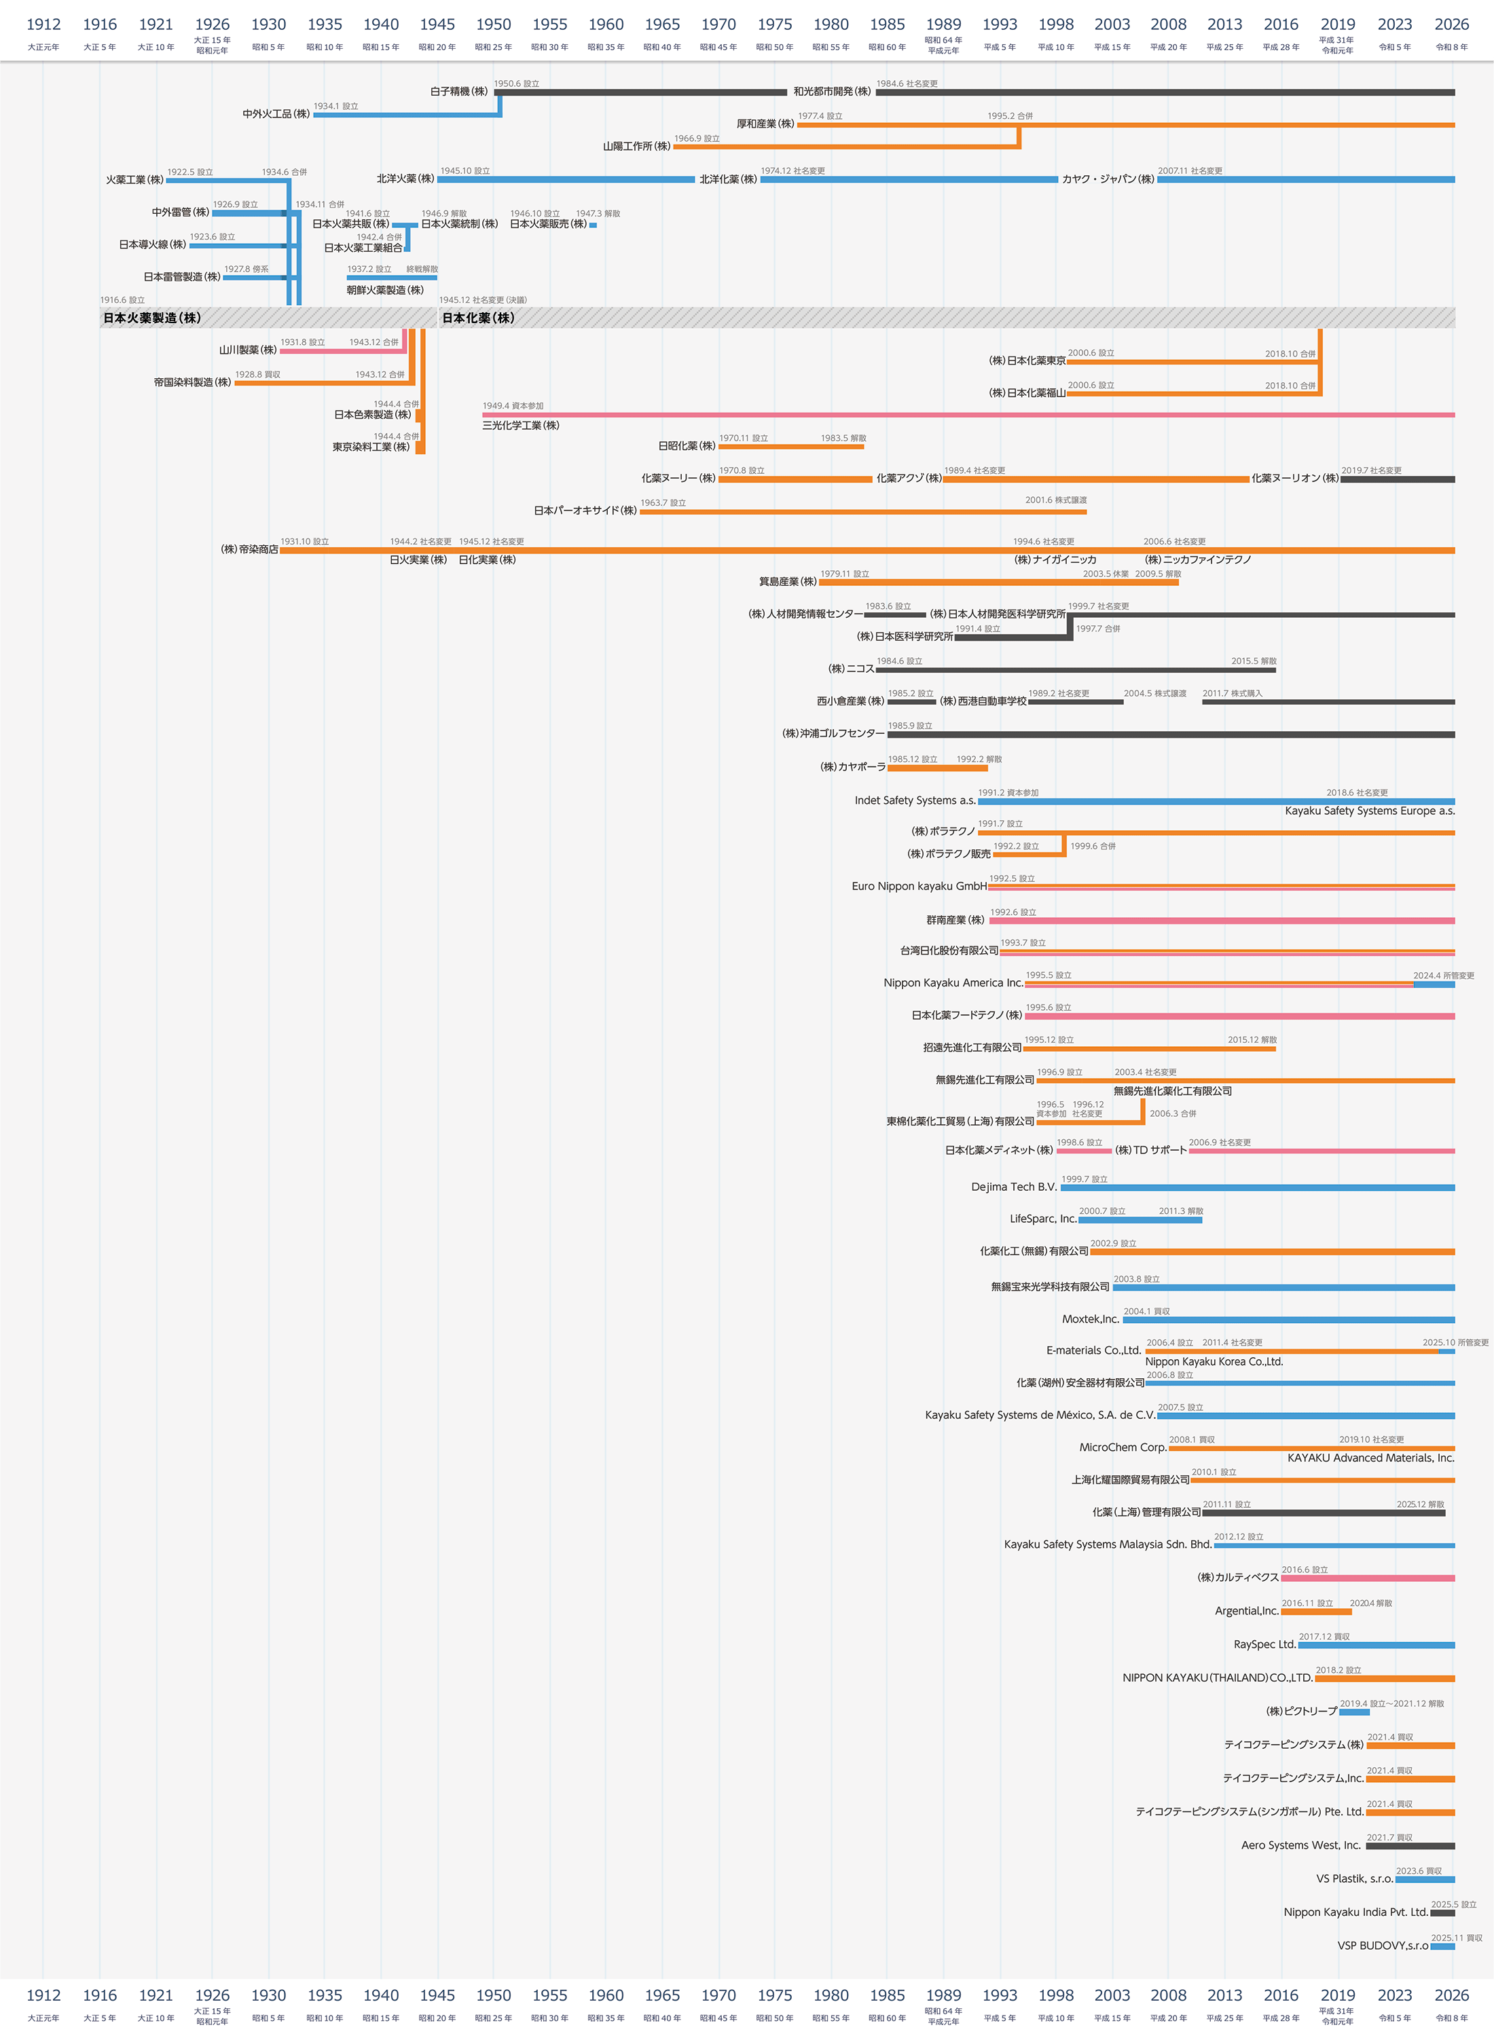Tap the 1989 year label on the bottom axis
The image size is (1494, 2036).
pos(943,1995)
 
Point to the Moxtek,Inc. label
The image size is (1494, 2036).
pos(1090,1319)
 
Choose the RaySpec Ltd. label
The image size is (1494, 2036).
pos(1264,1644)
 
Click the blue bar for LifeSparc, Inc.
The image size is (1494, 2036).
pos(1140,1221)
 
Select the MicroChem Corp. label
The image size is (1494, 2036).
pos(1123,1447)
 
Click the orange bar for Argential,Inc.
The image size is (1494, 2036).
pos(1316,1612)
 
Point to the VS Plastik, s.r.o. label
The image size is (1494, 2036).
pos(1354,1878)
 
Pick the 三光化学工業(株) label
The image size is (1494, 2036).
pos(521,426)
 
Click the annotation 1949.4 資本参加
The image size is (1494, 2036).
pos(513,406)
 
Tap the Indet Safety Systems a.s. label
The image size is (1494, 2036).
pos(914,800)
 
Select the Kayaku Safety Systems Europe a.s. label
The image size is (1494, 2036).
pos(1369,811)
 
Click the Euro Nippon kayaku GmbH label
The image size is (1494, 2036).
pos(919,886)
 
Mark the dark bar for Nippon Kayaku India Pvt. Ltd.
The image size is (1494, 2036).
pos(1442,1913)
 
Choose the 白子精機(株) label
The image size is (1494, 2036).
pos(458,92)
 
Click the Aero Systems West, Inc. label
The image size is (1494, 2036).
pos(1300,1845)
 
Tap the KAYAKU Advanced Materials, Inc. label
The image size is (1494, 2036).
pos(1370,1458)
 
